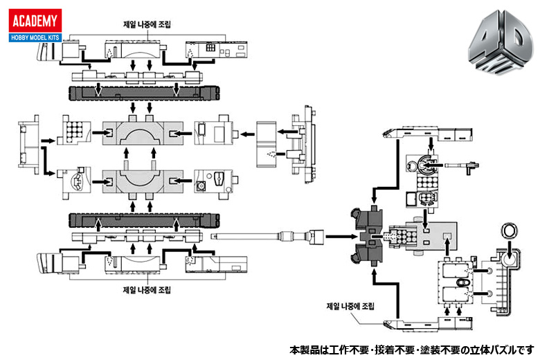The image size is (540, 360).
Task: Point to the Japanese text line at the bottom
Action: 412,349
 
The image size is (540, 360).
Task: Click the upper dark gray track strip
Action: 138,93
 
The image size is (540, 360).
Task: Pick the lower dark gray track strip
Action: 138,219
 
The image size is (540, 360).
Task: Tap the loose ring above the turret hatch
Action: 510,232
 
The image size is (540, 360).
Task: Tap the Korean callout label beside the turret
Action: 350,305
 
